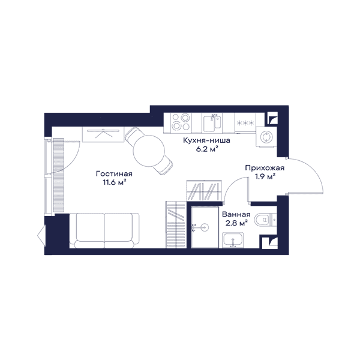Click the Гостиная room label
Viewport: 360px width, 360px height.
114,174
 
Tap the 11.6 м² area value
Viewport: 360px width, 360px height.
115,182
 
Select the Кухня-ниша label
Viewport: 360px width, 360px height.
206,140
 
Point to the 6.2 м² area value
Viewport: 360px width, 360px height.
206,149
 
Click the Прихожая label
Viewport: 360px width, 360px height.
265,168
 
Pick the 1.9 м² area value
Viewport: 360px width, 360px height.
265,177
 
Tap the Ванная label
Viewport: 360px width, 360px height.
236,214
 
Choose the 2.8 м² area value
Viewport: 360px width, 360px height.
236,223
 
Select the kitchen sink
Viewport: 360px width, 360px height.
212,123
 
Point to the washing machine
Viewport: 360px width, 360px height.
266,137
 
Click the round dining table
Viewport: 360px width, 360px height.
149,151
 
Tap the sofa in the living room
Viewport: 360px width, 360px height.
104,230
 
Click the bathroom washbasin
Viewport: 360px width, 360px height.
233,240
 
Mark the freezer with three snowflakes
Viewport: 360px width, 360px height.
245,123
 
